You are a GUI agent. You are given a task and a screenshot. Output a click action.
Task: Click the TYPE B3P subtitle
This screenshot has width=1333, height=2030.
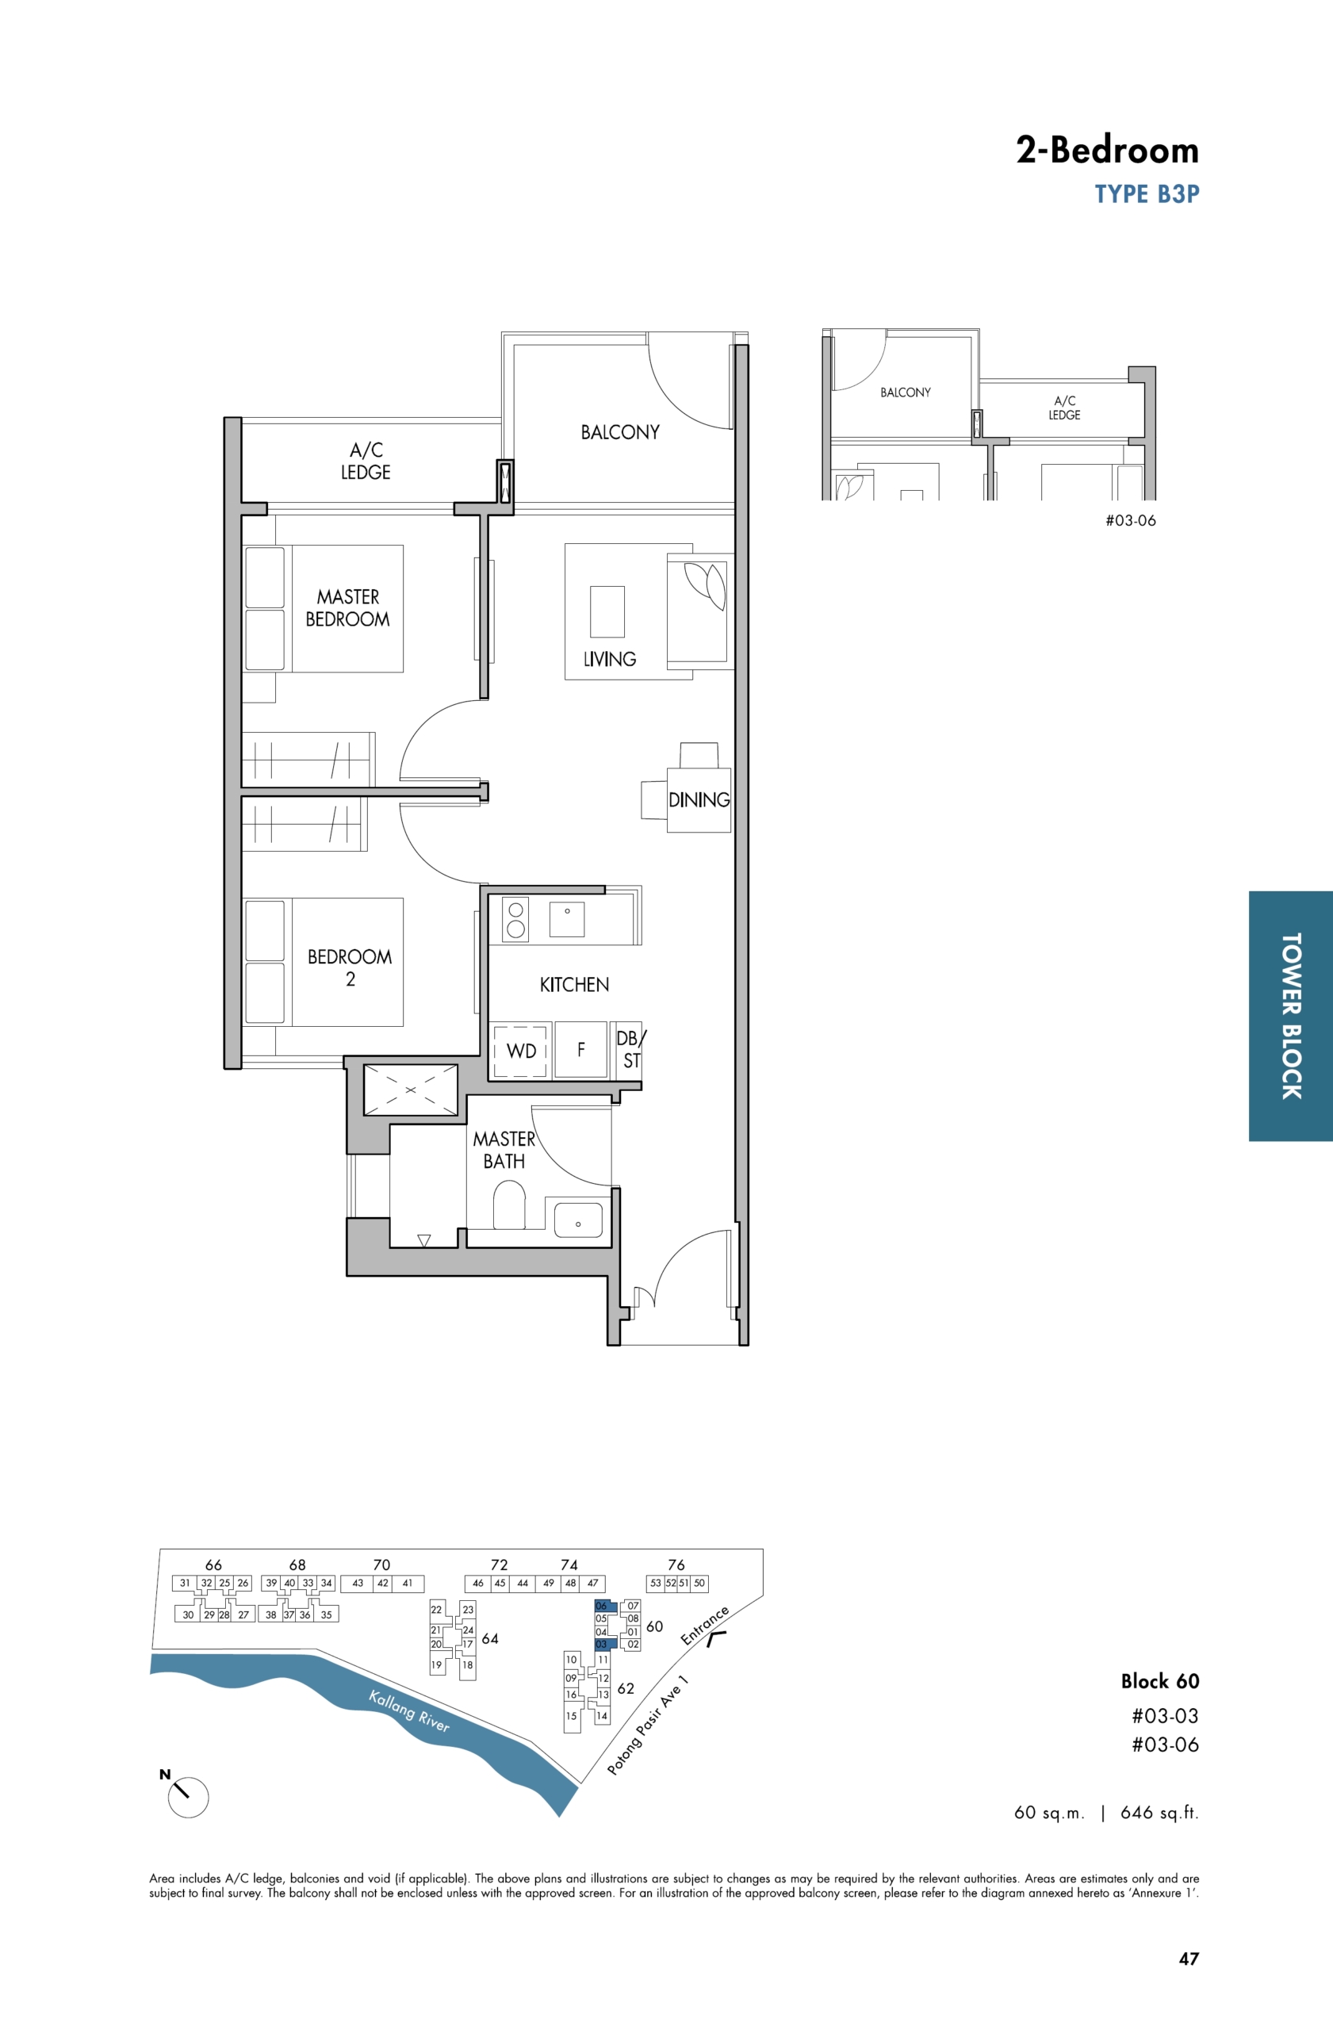tap(1147, 194)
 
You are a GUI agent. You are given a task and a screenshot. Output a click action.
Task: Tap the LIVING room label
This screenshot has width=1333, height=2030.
tap(610, 658)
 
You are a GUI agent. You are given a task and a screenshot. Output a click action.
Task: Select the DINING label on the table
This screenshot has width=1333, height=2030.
tap(699, 800)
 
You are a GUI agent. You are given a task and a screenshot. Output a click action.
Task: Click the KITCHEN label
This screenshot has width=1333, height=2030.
tap(574, 984)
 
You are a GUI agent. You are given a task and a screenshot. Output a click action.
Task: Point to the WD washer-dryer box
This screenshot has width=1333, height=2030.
tap(520, 1050)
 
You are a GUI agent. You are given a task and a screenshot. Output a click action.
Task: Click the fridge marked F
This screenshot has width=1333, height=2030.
tap(580, 1050)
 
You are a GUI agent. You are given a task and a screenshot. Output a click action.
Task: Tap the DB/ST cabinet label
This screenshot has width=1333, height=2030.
tap(631, 1049)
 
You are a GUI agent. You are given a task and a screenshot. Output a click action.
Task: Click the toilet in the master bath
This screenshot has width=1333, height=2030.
tap(509, 1205)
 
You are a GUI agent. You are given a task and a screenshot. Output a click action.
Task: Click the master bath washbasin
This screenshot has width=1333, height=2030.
tap(578, 1220)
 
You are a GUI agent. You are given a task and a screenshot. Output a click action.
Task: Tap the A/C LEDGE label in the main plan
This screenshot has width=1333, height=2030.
tap(366, 461)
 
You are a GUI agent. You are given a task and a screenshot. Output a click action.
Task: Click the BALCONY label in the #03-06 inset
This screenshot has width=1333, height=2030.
tap(906, 393)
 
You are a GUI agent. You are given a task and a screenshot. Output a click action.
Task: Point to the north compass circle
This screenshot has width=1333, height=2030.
tap(189, 1797)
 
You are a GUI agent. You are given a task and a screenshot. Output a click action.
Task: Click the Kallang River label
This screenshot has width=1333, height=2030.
tap(408, 1711)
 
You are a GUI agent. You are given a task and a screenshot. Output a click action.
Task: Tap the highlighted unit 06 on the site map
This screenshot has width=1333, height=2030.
tap(606, 1606)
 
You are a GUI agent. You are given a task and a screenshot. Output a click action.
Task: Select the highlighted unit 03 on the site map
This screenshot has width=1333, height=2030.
tap(606, 1644)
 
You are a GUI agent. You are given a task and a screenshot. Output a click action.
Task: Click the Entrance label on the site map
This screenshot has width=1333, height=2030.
tap(704, 1626)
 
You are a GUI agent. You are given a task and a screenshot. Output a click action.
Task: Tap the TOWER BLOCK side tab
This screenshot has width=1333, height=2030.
tap(1291, 1016)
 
